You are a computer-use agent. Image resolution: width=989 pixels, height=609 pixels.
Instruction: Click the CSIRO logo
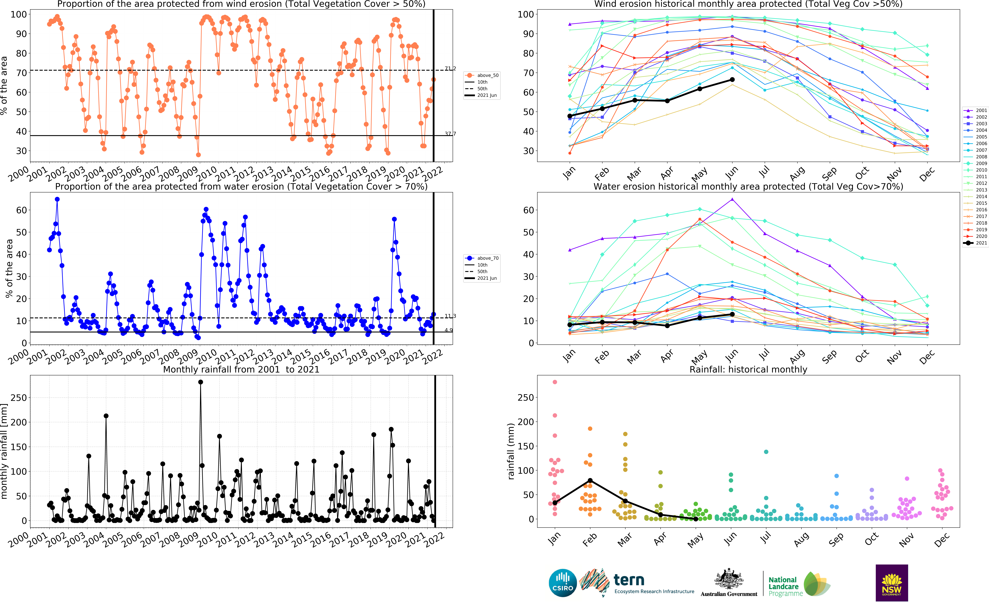click(x=563, y=583)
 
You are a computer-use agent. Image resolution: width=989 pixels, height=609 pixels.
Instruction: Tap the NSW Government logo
click(x=892, y=583)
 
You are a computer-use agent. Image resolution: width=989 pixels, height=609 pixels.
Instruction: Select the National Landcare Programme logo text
click(x=785, y=586)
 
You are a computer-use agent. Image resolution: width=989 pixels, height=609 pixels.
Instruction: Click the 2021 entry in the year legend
click(x=975, y=243)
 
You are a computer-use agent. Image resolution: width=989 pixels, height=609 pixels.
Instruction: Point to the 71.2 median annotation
click(x=450, y=68)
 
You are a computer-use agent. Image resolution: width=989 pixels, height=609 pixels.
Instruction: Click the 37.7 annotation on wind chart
click(x=450, y=134)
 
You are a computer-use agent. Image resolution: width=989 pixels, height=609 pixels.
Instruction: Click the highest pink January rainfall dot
click(x=555, y=382)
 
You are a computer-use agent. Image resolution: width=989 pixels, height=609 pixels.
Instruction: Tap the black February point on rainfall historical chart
click(x=590, y=480)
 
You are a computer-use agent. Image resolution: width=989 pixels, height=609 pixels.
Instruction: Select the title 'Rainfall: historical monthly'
click(x=748, y=369)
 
